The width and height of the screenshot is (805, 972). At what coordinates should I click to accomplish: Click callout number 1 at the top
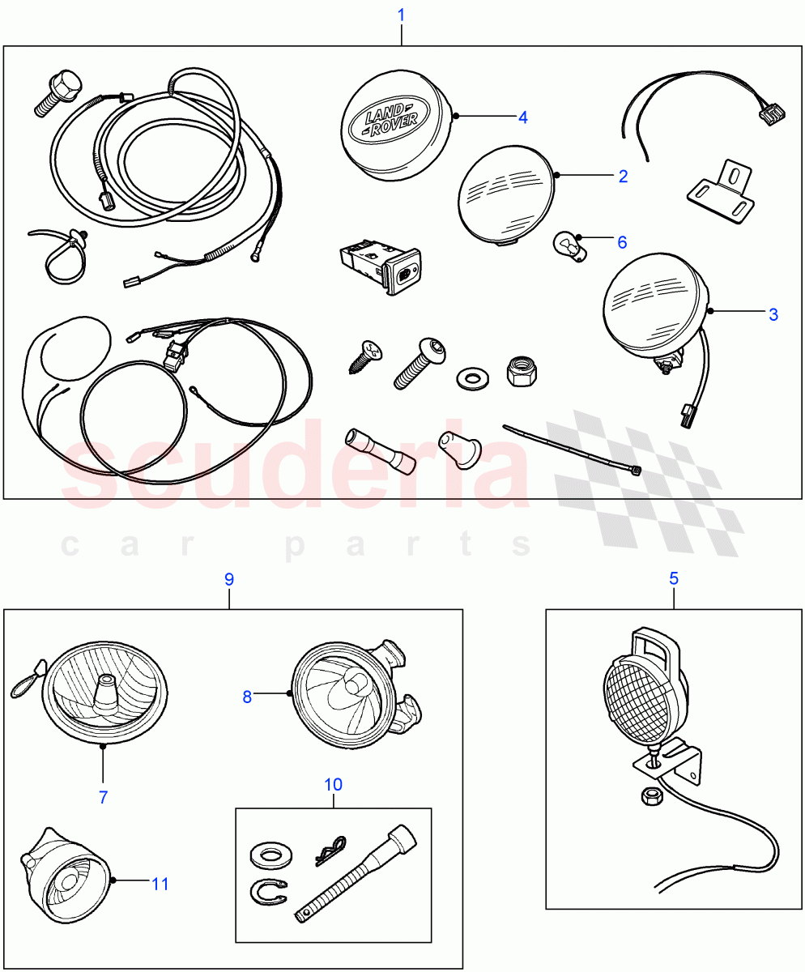(401, 15)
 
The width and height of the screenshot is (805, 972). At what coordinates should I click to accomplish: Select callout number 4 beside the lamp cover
(523, 117)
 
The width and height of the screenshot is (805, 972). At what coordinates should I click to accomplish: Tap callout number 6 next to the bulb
(622, 241)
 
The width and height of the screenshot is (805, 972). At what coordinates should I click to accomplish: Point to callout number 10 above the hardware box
(334, 784)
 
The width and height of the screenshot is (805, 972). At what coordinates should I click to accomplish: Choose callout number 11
(160, 883)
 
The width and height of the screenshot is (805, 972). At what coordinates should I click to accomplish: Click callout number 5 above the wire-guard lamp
(674, 578)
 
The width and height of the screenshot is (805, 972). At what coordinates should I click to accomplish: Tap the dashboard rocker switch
(379, 269)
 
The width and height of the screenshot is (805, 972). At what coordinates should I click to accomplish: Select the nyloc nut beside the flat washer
(518, 371)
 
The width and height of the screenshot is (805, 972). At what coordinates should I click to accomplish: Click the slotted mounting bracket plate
(717, 191)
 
